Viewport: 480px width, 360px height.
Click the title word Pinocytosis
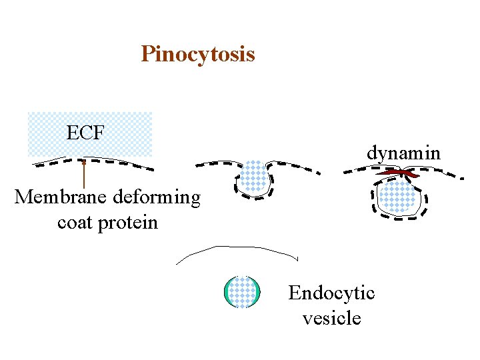pyautogui.click(x=197, y=53)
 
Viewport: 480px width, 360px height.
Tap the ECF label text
pyautogui.click(x=85, y=133)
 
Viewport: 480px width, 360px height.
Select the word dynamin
pyautogui.click(x=403, y=153)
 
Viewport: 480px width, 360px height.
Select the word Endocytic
pyautogui.click(x=331, y=293)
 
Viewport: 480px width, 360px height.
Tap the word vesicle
pyautogui.click(x=331, y=318)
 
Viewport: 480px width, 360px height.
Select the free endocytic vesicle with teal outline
pyautogui.click(x=241, y=292)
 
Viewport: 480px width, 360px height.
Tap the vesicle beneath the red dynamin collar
pyautogui.click(x=397, y=198)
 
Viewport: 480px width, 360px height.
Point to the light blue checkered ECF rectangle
pyautogui.click(x=120, y=133)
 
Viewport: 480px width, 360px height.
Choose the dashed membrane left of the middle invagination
pyautogui.click(x=217, y=164)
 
